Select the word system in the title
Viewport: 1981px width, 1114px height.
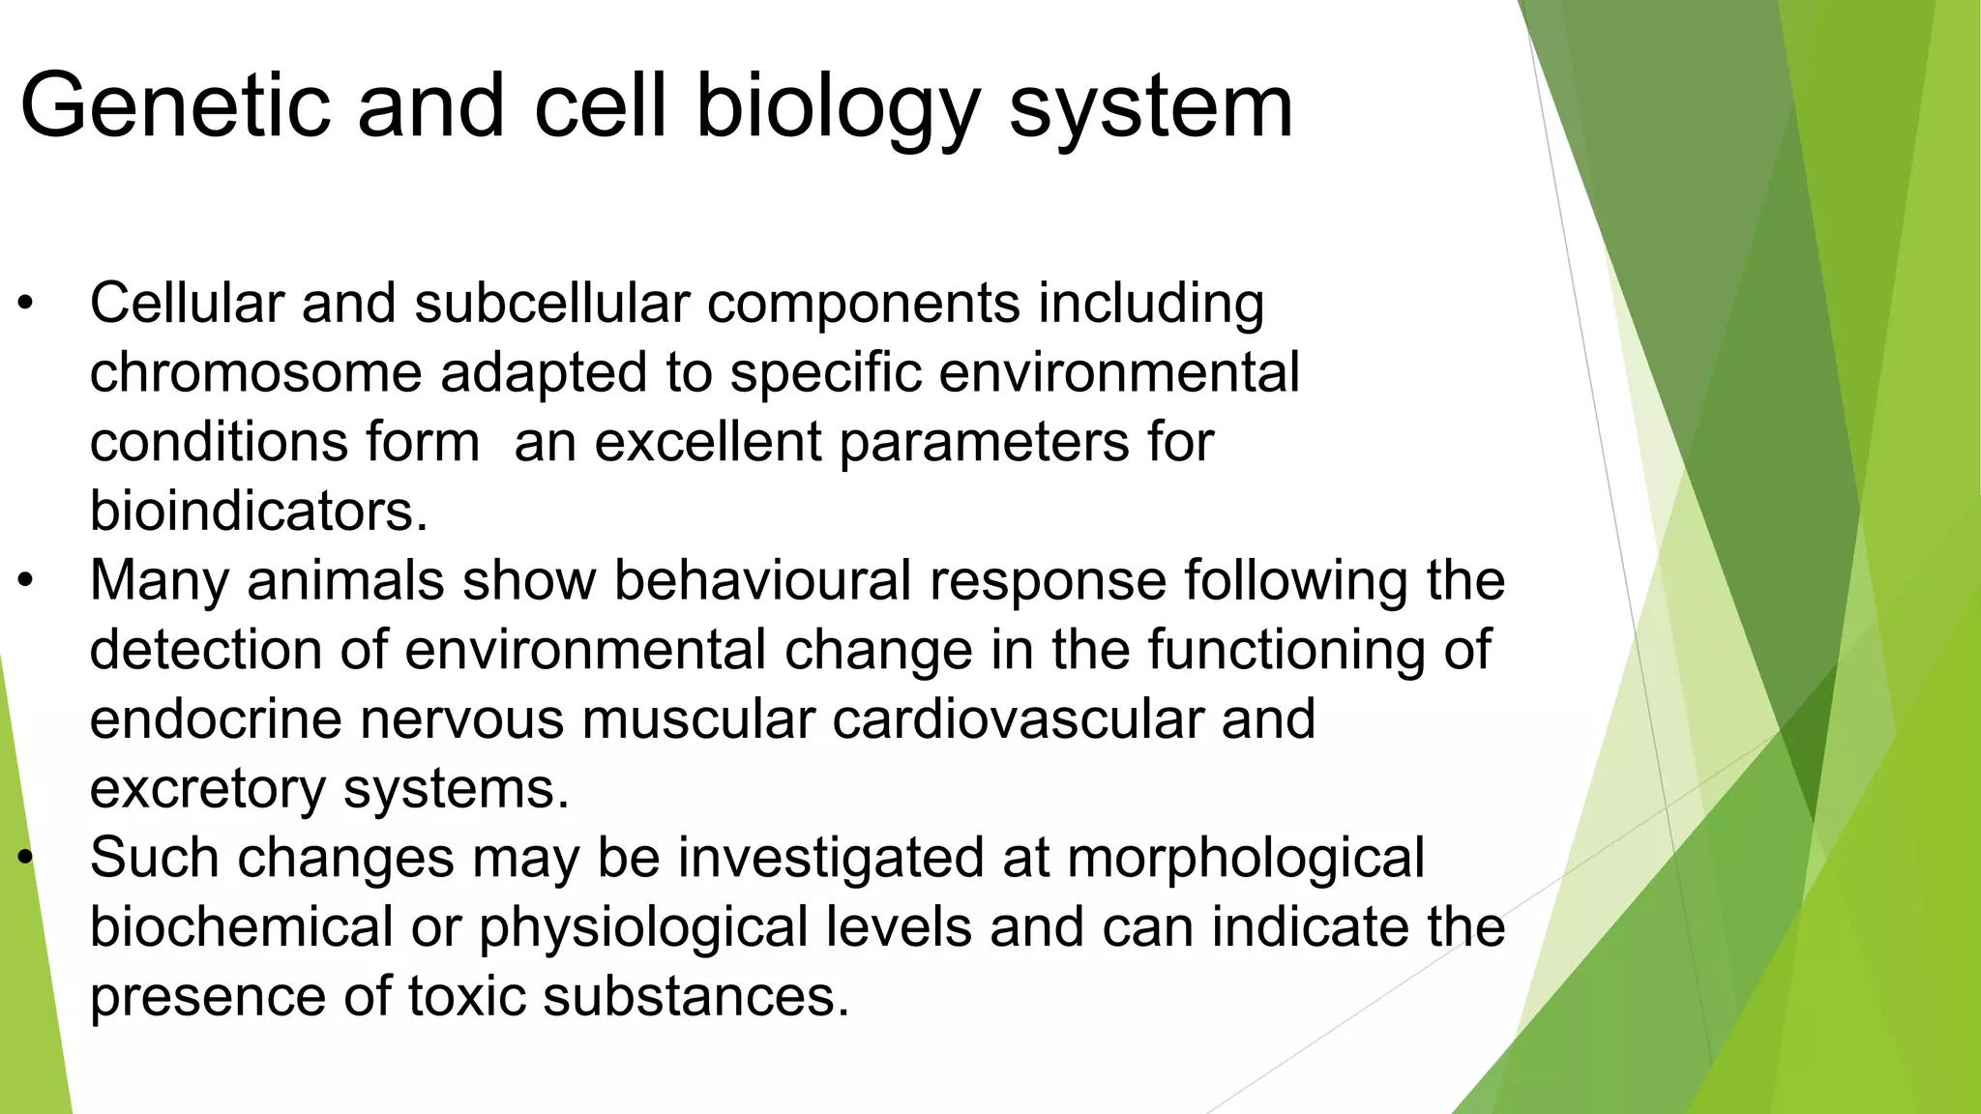[1150, 106]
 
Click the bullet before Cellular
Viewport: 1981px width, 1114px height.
[26, 305]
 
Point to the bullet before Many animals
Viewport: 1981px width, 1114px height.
[26, 581]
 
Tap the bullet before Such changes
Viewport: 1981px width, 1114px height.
[26, 859]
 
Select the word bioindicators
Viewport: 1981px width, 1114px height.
[257, 512]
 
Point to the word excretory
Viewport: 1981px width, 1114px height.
[207, 789]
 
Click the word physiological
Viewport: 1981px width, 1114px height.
[642, 928]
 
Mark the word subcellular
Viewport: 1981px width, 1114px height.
[551, 305]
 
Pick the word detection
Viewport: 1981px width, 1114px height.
[205, 650]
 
